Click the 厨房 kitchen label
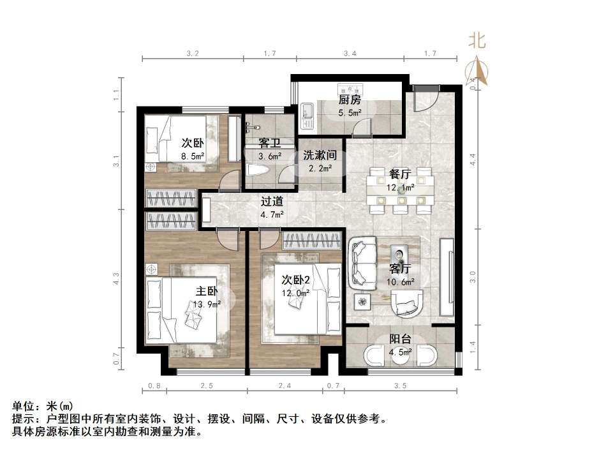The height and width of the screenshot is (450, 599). [x=350, y=100]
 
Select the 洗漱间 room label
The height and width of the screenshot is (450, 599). [x=320, y=155]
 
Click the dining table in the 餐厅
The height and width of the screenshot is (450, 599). [x=401, y=190]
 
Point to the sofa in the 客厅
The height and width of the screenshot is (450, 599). [x=362, y=262]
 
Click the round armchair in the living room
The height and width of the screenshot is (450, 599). [x=407, y=303]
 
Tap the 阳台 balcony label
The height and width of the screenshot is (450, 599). [x=401, y=339]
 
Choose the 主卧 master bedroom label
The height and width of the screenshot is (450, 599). [x=207, y=291]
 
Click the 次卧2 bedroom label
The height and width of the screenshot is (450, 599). [x=296, y=280]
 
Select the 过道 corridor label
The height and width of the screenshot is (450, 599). [x=272, y=201]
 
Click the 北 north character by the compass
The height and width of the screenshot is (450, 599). [x=477, y=40]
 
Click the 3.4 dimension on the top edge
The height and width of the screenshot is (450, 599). [x=350, y=54]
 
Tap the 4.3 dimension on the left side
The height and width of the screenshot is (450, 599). [x=117, y=278]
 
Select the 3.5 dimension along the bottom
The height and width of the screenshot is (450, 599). [x=401, y=386]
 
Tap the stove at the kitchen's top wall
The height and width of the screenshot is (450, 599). [x=350, y=89]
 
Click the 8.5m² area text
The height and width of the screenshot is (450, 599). [x=193, y=156]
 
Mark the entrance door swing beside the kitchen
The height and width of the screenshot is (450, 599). [x=426, y=100]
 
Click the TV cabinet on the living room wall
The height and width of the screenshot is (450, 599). [x=447, y=277]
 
